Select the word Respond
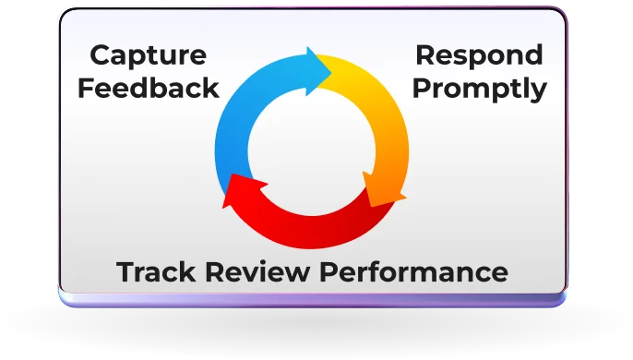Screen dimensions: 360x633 pos(479,55)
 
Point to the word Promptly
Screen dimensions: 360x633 pos(478,89)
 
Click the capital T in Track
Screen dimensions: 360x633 pos(125,272)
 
